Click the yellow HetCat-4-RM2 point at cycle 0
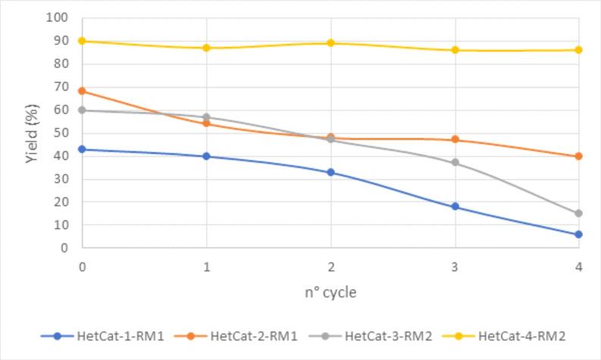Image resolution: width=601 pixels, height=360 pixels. click(83, 41)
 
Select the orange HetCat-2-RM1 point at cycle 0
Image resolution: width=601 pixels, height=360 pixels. click(83, 91)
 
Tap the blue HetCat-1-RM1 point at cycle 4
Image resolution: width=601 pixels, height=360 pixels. click(578, 234)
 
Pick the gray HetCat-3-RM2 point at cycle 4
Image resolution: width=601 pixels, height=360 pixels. click(578, 214)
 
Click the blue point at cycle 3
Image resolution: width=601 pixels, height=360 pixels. click(455, 206)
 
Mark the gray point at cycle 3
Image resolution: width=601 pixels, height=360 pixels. click(455, 162)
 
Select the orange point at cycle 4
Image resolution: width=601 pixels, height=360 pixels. click(578, 156)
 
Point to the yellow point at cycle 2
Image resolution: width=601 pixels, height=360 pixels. click(330, 43)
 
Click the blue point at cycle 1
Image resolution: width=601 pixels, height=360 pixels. click(207, 156)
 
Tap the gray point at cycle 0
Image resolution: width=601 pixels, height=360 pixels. click(83, 110)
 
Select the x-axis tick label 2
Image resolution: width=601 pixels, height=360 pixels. click(330, 266)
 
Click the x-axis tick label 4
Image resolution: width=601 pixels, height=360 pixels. click(578, 266)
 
